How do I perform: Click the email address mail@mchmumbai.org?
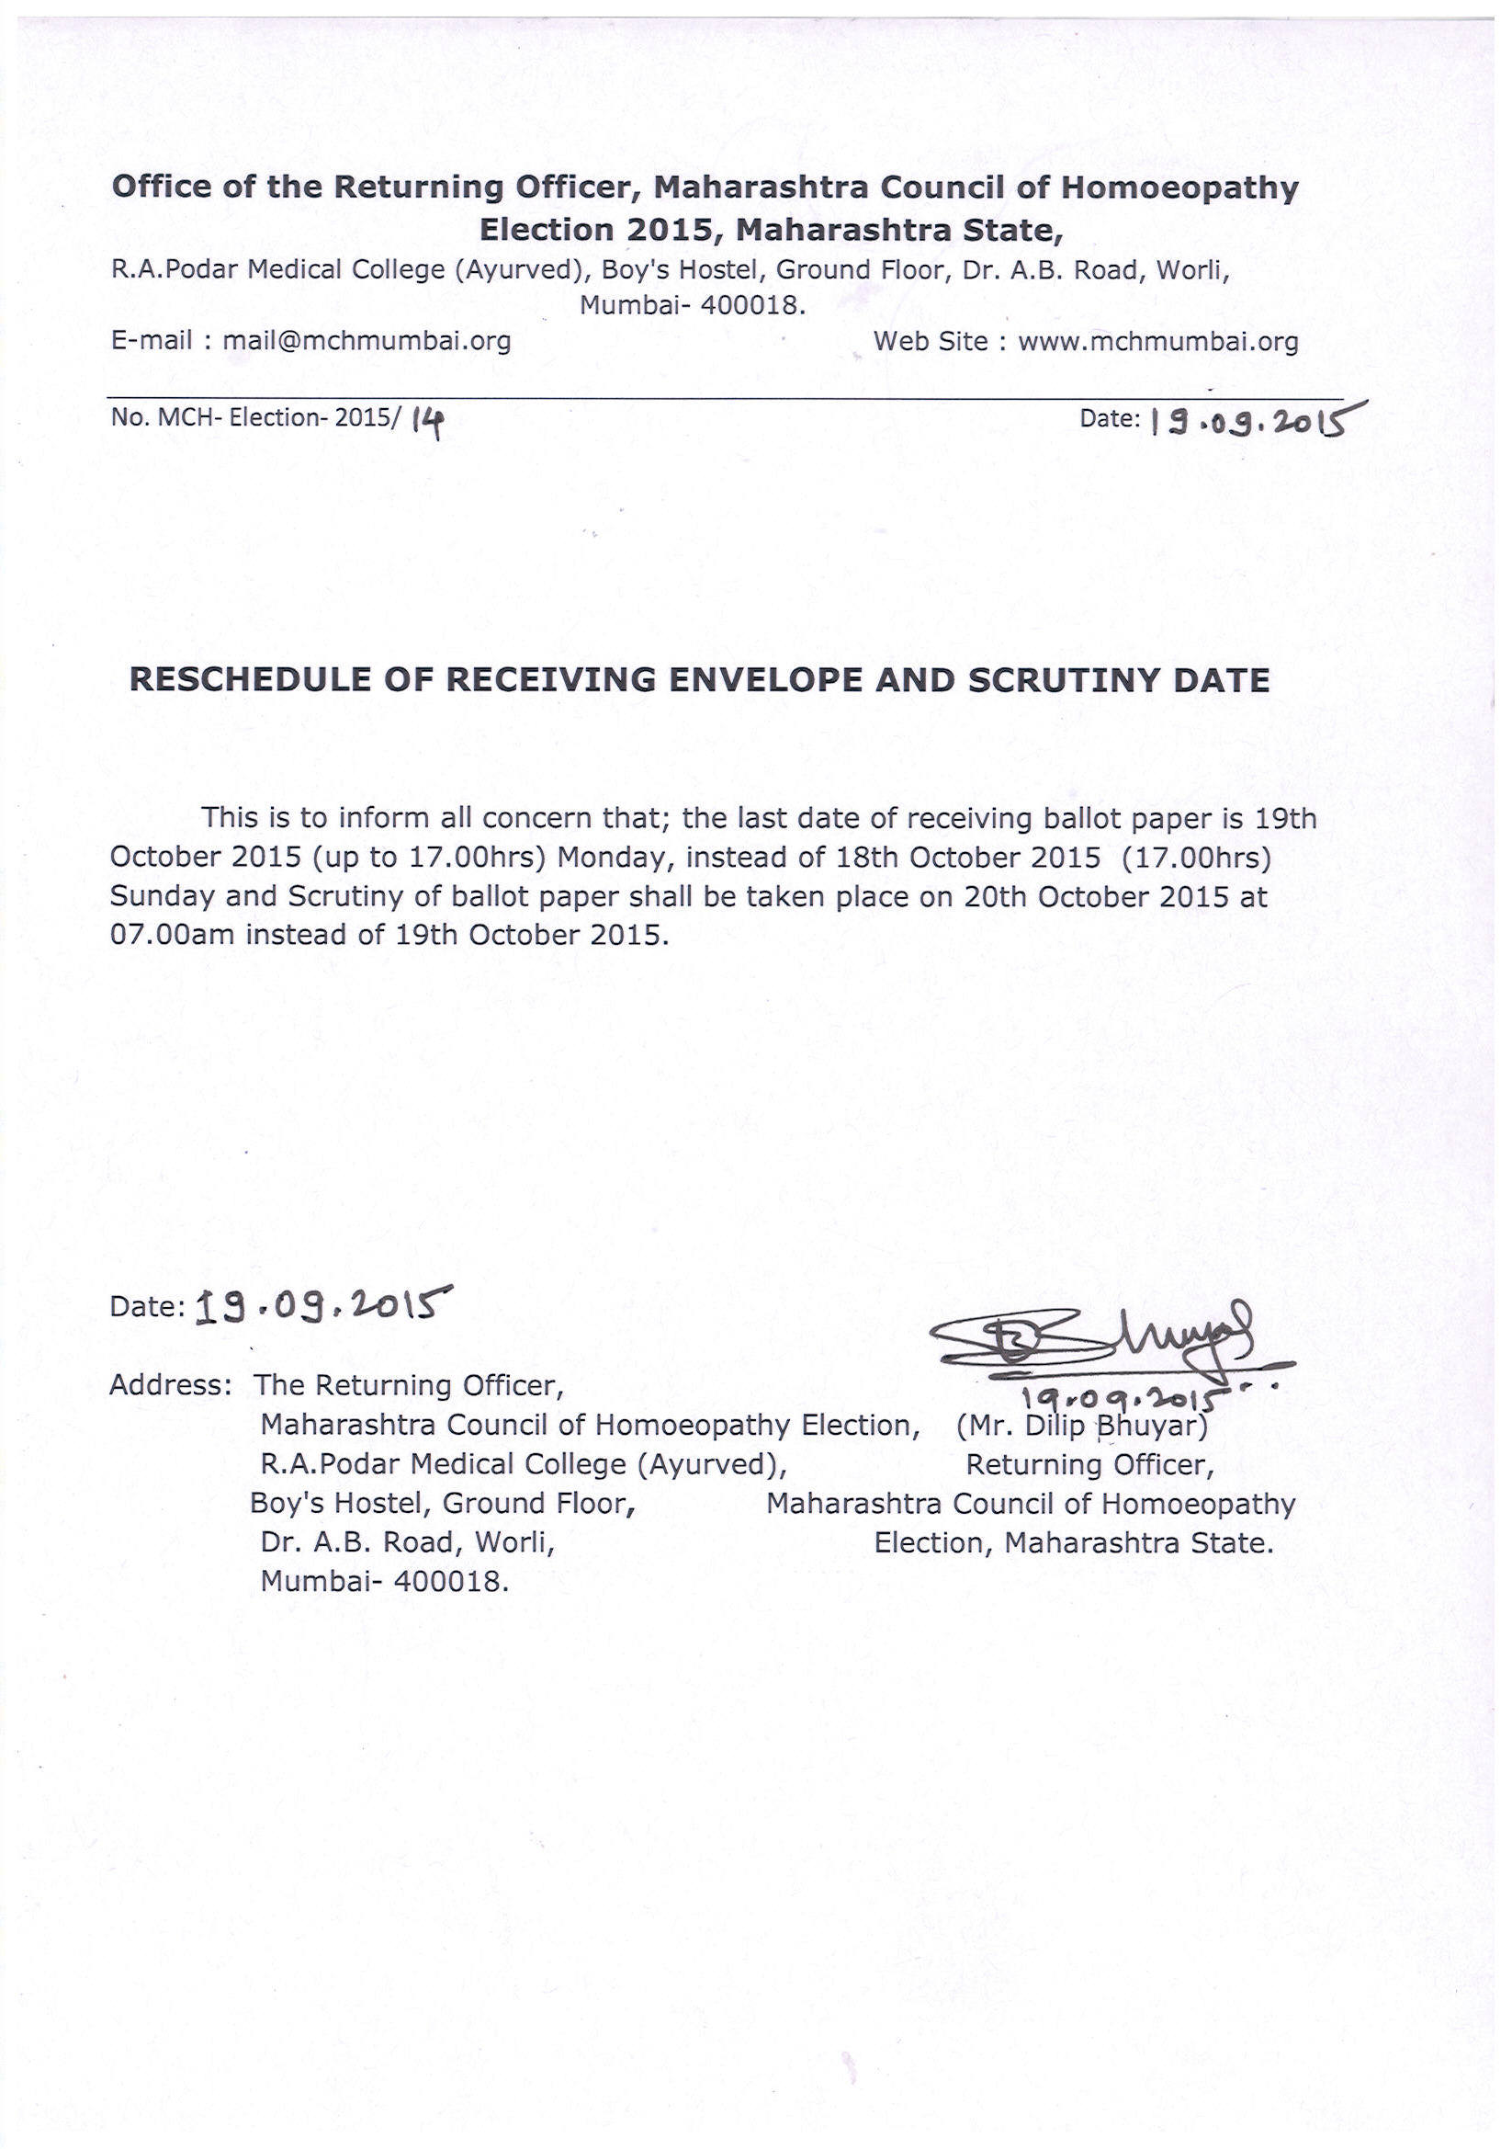tap(366, 341)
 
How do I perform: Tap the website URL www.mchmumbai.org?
tap(1157, 342)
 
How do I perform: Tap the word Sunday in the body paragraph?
tap(162, 897)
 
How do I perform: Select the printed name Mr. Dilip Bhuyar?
tap(1081, 1426)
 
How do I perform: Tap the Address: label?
tap(170, 1385)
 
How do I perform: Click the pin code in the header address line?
tap(750, 305)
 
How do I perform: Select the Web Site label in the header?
tap(930, 342)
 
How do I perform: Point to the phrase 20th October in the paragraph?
tap(1056, 897)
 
